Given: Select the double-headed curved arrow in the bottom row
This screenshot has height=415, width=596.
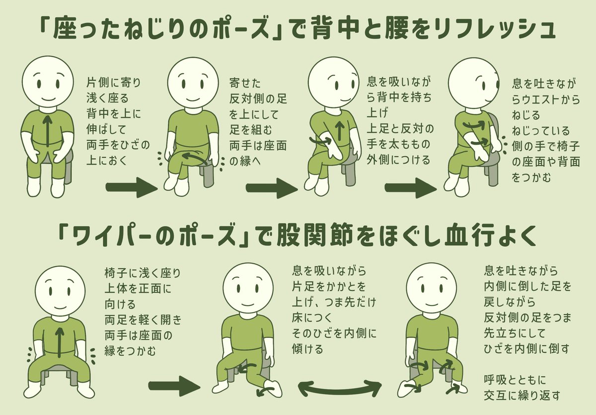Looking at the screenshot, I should click(x=339, y=387).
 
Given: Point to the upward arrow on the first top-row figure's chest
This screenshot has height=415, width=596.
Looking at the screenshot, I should click(x=47, y=130).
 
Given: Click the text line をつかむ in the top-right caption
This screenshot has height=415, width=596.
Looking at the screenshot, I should click(x=531, y=177).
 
